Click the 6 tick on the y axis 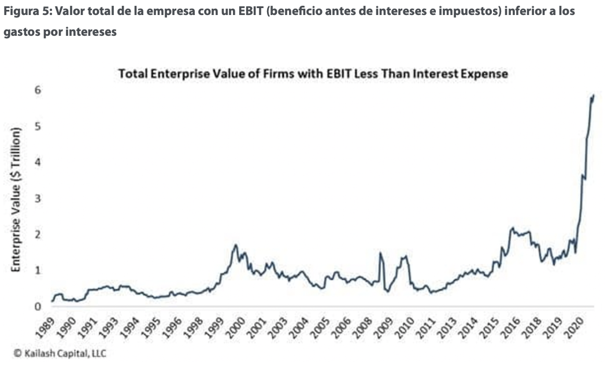[x=38, y=90]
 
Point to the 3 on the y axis [x=38, y=198]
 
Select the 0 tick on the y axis [x=38, y=307]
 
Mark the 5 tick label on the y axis [x=38, y=126]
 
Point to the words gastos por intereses [x=60, y=32]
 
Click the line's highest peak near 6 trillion [x=593, y=95]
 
